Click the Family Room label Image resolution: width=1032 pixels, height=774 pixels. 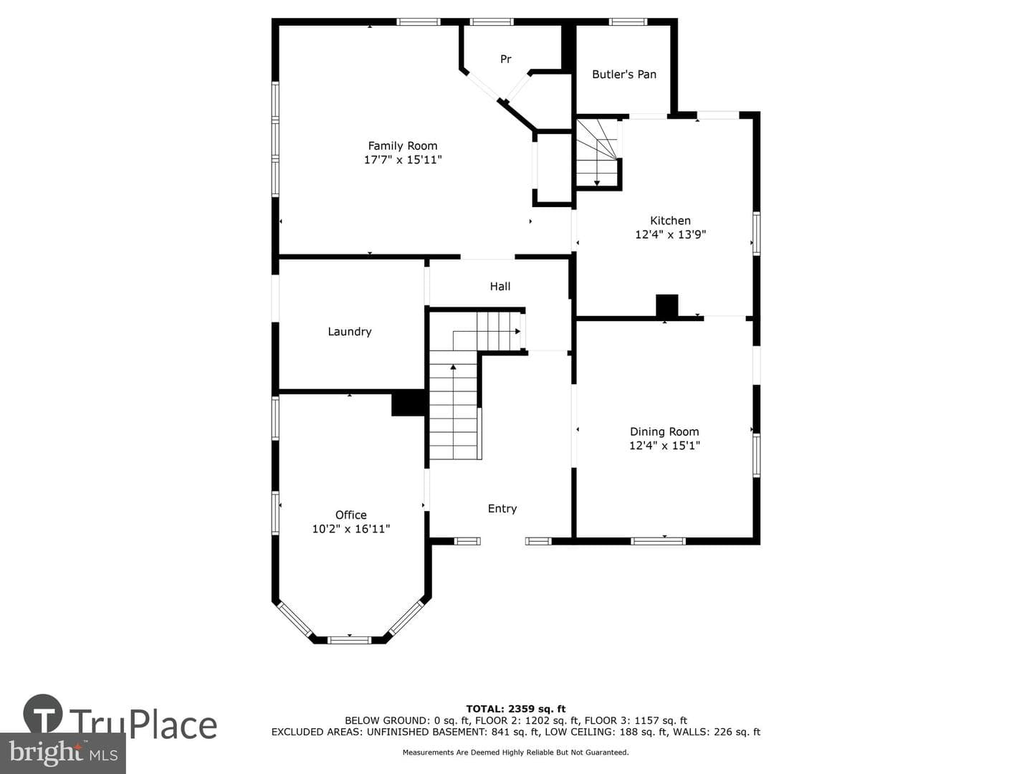(x=403, y=146)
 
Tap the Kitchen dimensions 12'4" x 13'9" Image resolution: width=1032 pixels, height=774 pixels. (x=671, y=234)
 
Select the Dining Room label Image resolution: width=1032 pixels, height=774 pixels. (x=664, y=432)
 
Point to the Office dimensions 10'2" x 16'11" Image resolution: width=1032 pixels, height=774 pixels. (x=351, y=529)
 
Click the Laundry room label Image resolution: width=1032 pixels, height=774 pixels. (x=349, y=332)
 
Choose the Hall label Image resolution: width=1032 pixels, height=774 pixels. (x=500, y=286)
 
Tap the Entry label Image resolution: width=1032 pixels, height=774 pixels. (x=502, y=509)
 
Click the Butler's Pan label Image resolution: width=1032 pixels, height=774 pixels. (x=624, y=75)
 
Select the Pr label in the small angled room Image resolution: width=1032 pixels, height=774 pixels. (x=505, y=59)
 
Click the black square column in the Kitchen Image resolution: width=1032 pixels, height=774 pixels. (x=666, y=305)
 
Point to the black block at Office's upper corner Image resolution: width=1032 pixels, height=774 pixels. (x=409, y=403)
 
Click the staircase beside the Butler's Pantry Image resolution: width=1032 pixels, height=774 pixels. (x=597, y=152)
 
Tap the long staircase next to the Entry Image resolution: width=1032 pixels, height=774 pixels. (x=454, y=405)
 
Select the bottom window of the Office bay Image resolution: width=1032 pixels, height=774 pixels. (x=349, y=639)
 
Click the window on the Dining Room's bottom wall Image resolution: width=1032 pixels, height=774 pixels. (x=658, y=541)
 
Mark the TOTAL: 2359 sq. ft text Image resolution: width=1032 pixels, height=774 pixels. (x=516, y=709)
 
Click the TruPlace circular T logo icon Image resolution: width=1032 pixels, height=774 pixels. (x=43, y=714)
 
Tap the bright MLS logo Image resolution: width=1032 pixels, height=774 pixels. (x=63, y=752)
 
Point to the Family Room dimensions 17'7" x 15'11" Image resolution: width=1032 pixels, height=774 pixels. (x=403, y=160)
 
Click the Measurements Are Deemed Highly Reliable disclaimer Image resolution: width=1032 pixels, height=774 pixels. (x=515, y=752)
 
